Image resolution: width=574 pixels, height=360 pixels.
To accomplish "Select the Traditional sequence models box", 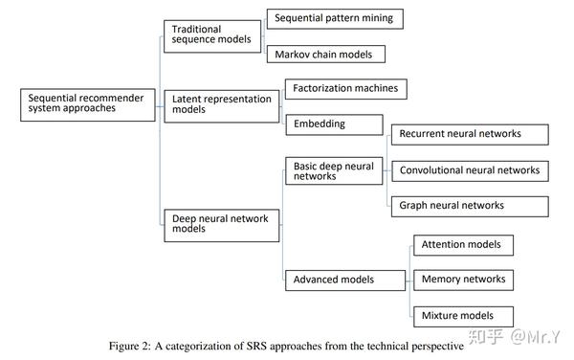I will (x=210, y=35).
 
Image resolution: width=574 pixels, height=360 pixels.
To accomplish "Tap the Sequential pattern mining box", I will (x=333, y=18).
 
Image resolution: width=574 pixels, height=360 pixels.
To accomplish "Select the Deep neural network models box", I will (x=220, y=223).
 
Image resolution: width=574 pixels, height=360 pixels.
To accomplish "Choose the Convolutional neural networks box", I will (x=469, y=170).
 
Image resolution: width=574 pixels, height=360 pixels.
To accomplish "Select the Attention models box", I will (x=463, y=245).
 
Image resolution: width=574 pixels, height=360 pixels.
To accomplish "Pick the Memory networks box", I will (x=463, y=280).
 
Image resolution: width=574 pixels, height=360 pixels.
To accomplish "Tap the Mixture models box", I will (x=463, y=315).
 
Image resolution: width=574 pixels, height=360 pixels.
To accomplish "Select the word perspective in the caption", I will (x=433, y=342).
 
